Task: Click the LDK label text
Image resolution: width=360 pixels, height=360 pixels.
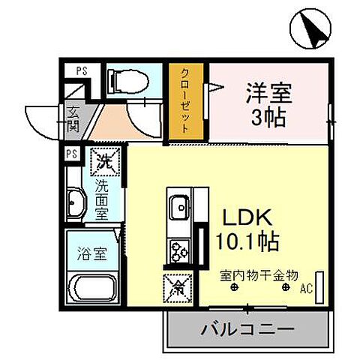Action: (241, 217)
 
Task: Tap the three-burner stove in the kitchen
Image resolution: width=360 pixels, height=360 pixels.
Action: (180, 249)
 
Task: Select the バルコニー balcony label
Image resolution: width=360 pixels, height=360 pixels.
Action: (247, 328)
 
